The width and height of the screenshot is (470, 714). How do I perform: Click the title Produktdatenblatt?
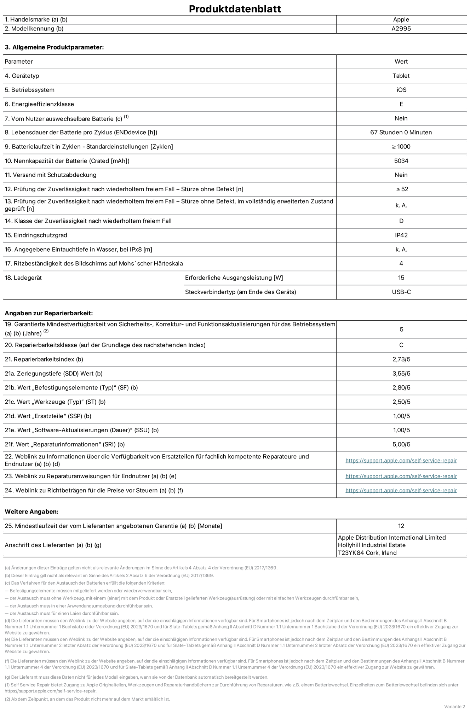pyautogui.click(x=235, y=9)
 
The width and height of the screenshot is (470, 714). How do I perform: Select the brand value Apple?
pyautogui.click(x=401, y=20)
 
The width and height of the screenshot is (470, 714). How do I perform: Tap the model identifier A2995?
pyautogui.click(x=401, y=29)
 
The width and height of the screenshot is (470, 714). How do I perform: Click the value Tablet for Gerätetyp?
pyautogui.click(x=401, y=76)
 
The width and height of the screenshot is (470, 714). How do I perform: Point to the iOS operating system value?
pyautogui.click(x=401, y=90)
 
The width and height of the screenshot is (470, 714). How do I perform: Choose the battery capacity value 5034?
pyautogui.click(x=401, y=161)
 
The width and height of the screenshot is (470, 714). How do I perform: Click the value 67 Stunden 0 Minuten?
pyautogui.click(x=401, y=133)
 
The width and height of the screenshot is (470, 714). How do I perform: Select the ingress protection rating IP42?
pyautogui.click(x=401, y=235)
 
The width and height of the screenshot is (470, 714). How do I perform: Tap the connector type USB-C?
pyautogui.click(x=401, y=292)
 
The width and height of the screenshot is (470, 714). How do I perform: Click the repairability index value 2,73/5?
pyautogui.click(x=401, y=359)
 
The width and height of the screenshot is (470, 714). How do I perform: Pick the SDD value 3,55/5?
pyautogui.click(x=401, y=374)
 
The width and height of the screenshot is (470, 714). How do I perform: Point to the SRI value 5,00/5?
pyautogui.click(x=401, y=444)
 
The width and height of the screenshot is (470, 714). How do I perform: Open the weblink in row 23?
pyautogui.click(x=401, y=476)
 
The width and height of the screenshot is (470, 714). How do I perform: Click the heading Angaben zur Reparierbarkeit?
pyautogui.click(x=48, y=313)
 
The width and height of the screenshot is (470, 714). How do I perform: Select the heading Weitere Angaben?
pyautogui.click(x=31, y=511)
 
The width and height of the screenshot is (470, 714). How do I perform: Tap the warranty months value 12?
pyautogui.click(x=401, y=526)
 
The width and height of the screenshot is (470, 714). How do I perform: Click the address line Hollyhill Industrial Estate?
pyautogui.click(x=372, y=545)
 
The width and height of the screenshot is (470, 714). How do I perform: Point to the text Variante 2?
pyautogui.click(x=454, y=707)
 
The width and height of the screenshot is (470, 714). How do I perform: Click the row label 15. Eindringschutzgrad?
pyautogui.click(x=36, y=235)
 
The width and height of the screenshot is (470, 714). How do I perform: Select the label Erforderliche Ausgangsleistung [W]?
pyautogui.click(x=234, y=278)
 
